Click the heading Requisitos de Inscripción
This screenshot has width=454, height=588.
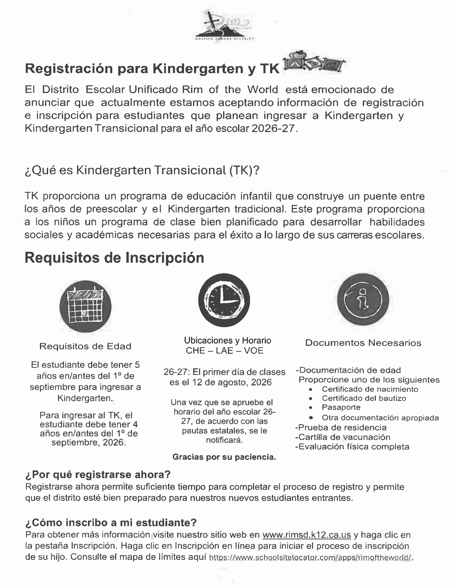coord(114,258)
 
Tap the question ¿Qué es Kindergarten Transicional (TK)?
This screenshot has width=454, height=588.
coord(142,170)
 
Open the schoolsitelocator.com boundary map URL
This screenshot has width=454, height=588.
coord(311,557)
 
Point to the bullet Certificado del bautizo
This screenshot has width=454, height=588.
coord(364,398)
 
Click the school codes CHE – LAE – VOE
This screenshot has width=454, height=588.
coord(225,350)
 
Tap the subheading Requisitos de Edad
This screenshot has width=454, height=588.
coord(85,346)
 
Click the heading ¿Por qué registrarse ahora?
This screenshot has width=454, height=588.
coord(98,474)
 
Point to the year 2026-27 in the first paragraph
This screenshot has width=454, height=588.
coord(273,128)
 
